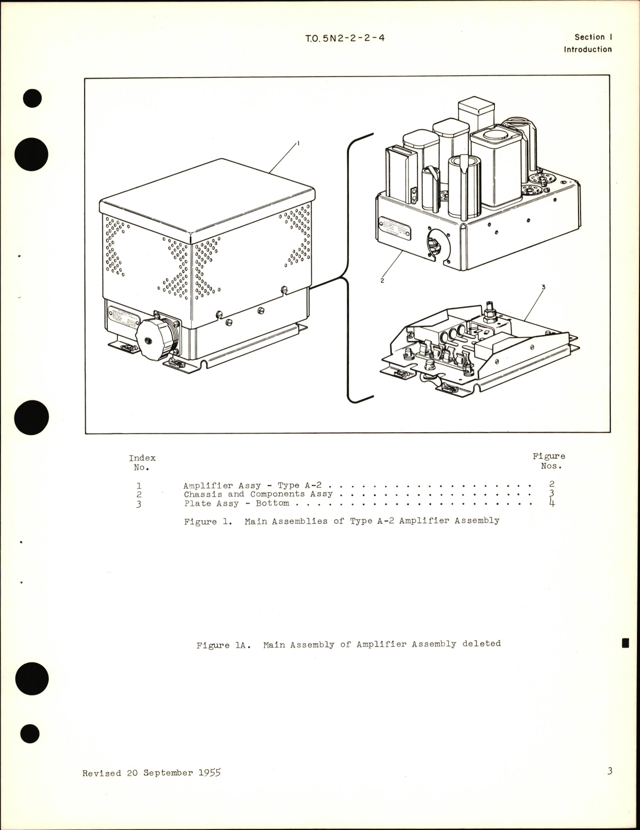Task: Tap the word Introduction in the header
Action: [x=588, y=49]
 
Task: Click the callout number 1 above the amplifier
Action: [x=298, y=144]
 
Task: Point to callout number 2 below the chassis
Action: [x=382, y=281]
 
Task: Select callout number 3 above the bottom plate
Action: [x=543, y=287]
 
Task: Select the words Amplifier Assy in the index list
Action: [x=222, y=486]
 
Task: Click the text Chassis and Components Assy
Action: [x=258, y=494]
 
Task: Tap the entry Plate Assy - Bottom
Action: [x=236, y=503]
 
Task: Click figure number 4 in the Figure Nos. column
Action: [x=552, y=503]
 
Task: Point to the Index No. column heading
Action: [x=142, y=462]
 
